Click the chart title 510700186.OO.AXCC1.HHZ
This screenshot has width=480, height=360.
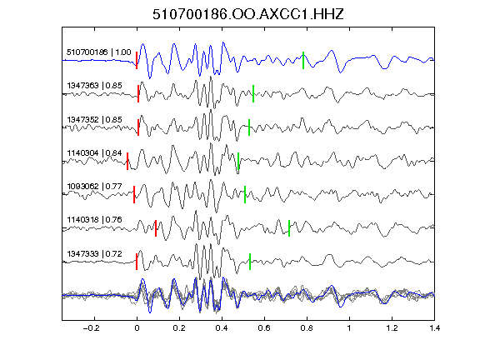click(248, 14)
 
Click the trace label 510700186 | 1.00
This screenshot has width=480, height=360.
click(98, 52)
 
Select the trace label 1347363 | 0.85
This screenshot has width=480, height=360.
click(94, 85)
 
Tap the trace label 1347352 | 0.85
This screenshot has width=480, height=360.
click(94, 119)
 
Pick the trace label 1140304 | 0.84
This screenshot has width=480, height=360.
click(94, 152)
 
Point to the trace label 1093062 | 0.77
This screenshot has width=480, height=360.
click(94, 186)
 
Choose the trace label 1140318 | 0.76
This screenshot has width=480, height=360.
click(94, 220)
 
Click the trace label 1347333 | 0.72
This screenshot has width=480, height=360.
click(94, 254)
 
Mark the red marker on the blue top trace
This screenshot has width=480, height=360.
click(137, 60)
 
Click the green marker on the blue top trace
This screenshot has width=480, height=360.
click(303, 60)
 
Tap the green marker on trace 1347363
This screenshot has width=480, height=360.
click(253, 93)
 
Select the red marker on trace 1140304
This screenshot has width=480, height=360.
click(127, 161)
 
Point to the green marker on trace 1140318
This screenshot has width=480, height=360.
click(289, 228)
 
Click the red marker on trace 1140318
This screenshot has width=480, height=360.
click(156, 228)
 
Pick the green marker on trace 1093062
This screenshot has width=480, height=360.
click(245, 194)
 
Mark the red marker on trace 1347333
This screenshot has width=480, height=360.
click(137, 262)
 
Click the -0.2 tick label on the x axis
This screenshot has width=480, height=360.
click(92, 328)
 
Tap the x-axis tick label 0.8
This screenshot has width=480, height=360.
click(307, 328)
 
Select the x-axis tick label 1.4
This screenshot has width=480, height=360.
click(435, 328)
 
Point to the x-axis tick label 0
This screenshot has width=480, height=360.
click(137, 328)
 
